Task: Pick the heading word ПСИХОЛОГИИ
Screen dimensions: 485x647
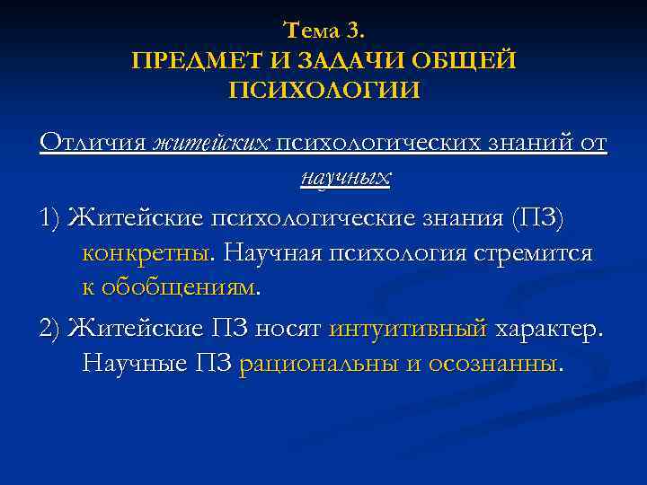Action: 323,90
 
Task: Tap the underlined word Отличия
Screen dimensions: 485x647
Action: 93,143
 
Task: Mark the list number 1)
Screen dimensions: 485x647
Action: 50,217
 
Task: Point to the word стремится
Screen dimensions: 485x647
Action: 542,253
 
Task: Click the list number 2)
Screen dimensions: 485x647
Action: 50,328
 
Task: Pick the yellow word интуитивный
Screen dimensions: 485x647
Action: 409,328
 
